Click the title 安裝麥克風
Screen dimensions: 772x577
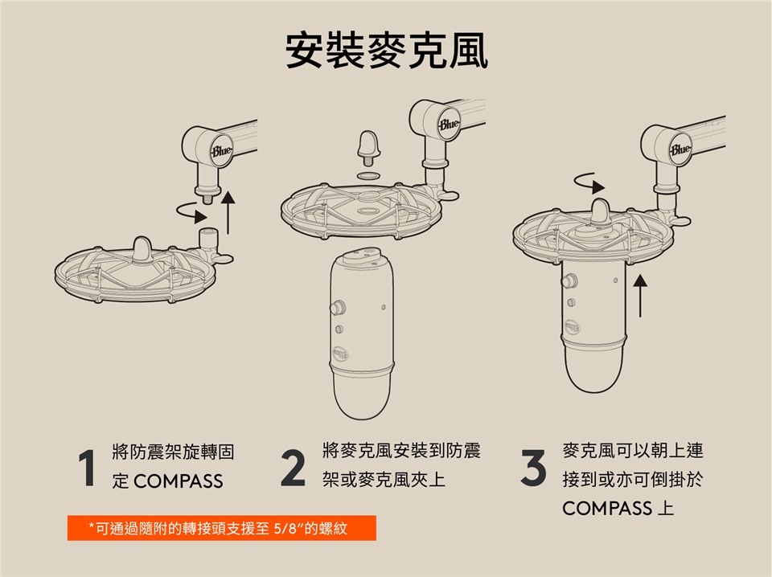tap(387, 51)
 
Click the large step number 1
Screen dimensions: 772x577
tap(87, 468)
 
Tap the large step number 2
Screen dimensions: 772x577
tap(294, 469)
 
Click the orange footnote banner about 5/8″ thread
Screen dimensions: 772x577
tap(222, 528)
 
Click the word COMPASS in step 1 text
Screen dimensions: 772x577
tap(179, 481)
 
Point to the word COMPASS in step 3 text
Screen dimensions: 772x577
tap(607, 508)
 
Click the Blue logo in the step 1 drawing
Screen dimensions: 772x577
tap(220, 151)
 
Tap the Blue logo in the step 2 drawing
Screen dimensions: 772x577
tap(449, 124)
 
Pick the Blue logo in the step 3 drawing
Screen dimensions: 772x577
tap(680, 149)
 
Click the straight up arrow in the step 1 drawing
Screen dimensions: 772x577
tap(228, 212)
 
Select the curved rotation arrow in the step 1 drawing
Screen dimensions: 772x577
tap(192, 212)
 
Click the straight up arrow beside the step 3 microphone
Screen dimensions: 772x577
tap(639, 295)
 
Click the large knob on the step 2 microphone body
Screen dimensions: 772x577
tap(338, 309)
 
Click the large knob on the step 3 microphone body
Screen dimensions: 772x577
tap(569, 281)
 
